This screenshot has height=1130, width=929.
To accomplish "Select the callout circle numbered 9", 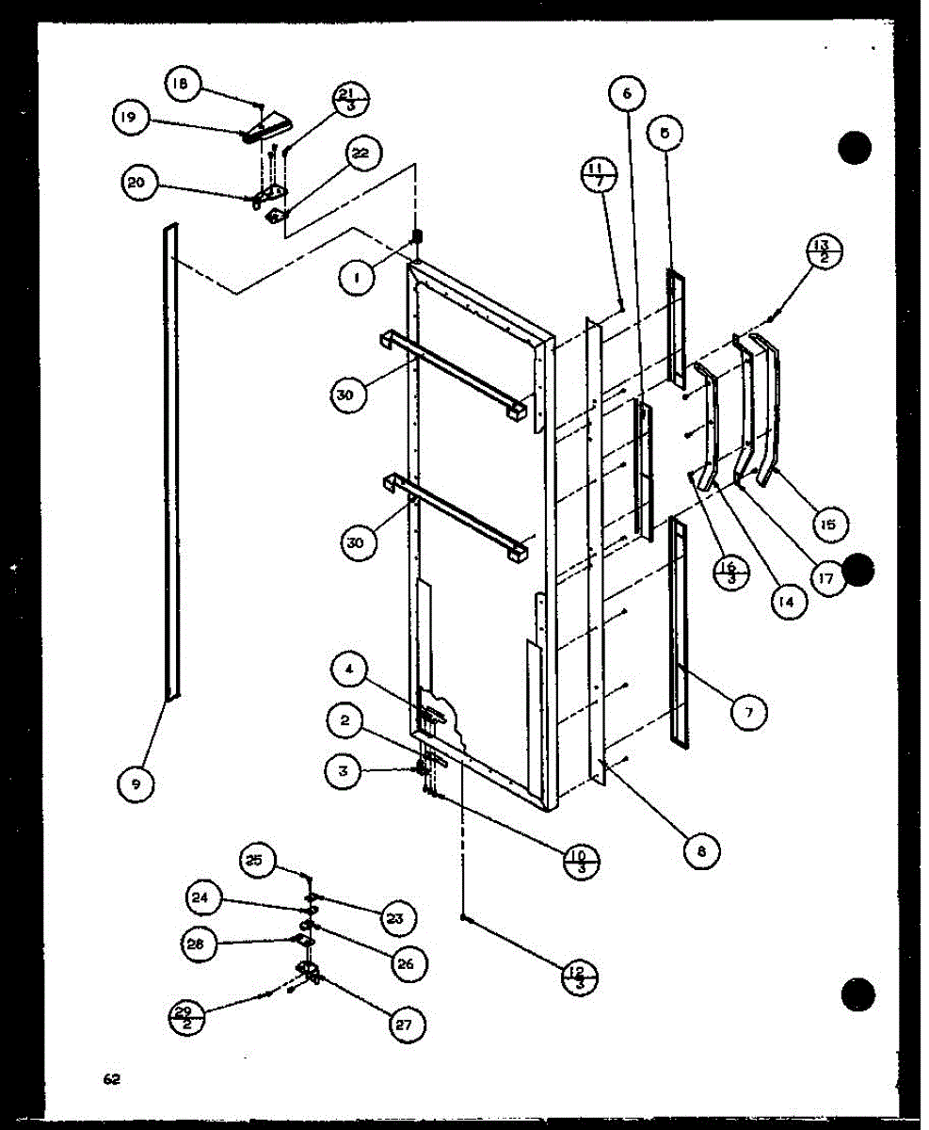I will point(137,783).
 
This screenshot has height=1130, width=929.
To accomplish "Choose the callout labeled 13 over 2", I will point(825,253).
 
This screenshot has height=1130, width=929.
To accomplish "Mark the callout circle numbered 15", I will point(827,524).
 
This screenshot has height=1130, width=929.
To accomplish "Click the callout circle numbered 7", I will point(749,713).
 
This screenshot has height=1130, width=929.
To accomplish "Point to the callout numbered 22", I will point(360,153).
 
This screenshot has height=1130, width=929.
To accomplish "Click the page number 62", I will point(112,1079).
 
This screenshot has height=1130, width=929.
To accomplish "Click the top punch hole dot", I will point(856,147).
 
